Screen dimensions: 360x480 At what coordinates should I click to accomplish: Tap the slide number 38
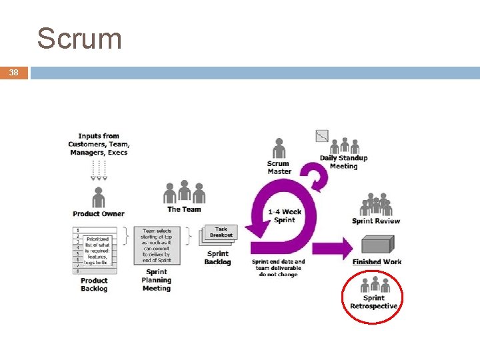[x=14, y=73]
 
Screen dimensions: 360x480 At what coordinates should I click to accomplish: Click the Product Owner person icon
[x=99, y=197]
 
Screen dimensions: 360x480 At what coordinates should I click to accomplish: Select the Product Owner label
[x=99, y=214]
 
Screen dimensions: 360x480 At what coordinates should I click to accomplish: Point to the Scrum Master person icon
[x=279, y=149]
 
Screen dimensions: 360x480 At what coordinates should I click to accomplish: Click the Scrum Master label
[x=279, y=167]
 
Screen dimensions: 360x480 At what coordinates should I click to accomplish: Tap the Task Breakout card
[x=221, y=233]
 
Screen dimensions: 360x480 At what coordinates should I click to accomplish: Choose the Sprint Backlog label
[x=217, y=258]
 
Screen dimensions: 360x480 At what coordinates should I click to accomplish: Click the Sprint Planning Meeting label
[x=157, y=280]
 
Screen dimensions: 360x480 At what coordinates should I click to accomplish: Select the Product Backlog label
[x=94, y=285]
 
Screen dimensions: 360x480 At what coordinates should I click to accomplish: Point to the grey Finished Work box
[x=377, y=246]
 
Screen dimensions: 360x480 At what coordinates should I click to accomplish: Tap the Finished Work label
[x=377, y=262]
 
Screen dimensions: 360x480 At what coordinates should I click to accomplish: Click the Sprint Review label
[x=376, y=221]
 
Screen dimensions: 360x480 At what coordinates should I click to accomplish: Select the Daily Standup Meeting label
[x=343, y=162]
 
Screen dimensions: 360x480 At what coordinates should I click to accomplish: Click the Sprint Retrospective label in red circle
[x=374, y=302]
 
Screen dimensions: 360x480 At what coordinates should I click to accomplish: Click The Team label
[x=184, y=209]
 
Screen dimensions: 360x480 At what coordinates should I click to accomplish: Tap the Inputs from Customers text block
[x=99, y=144]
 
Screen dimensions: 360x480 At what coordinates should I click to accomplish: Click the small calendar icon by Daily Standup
[x=322, y=136]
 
